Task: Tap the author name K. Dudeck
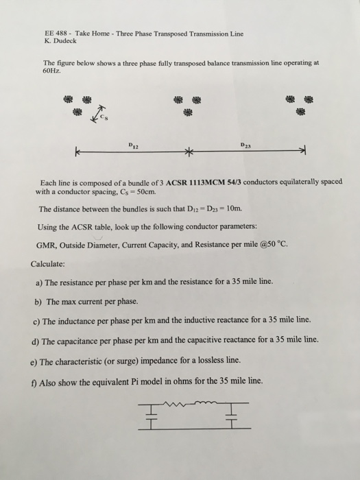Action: [60, 41]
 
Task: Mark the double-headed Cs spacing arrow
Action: [97, 116]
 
